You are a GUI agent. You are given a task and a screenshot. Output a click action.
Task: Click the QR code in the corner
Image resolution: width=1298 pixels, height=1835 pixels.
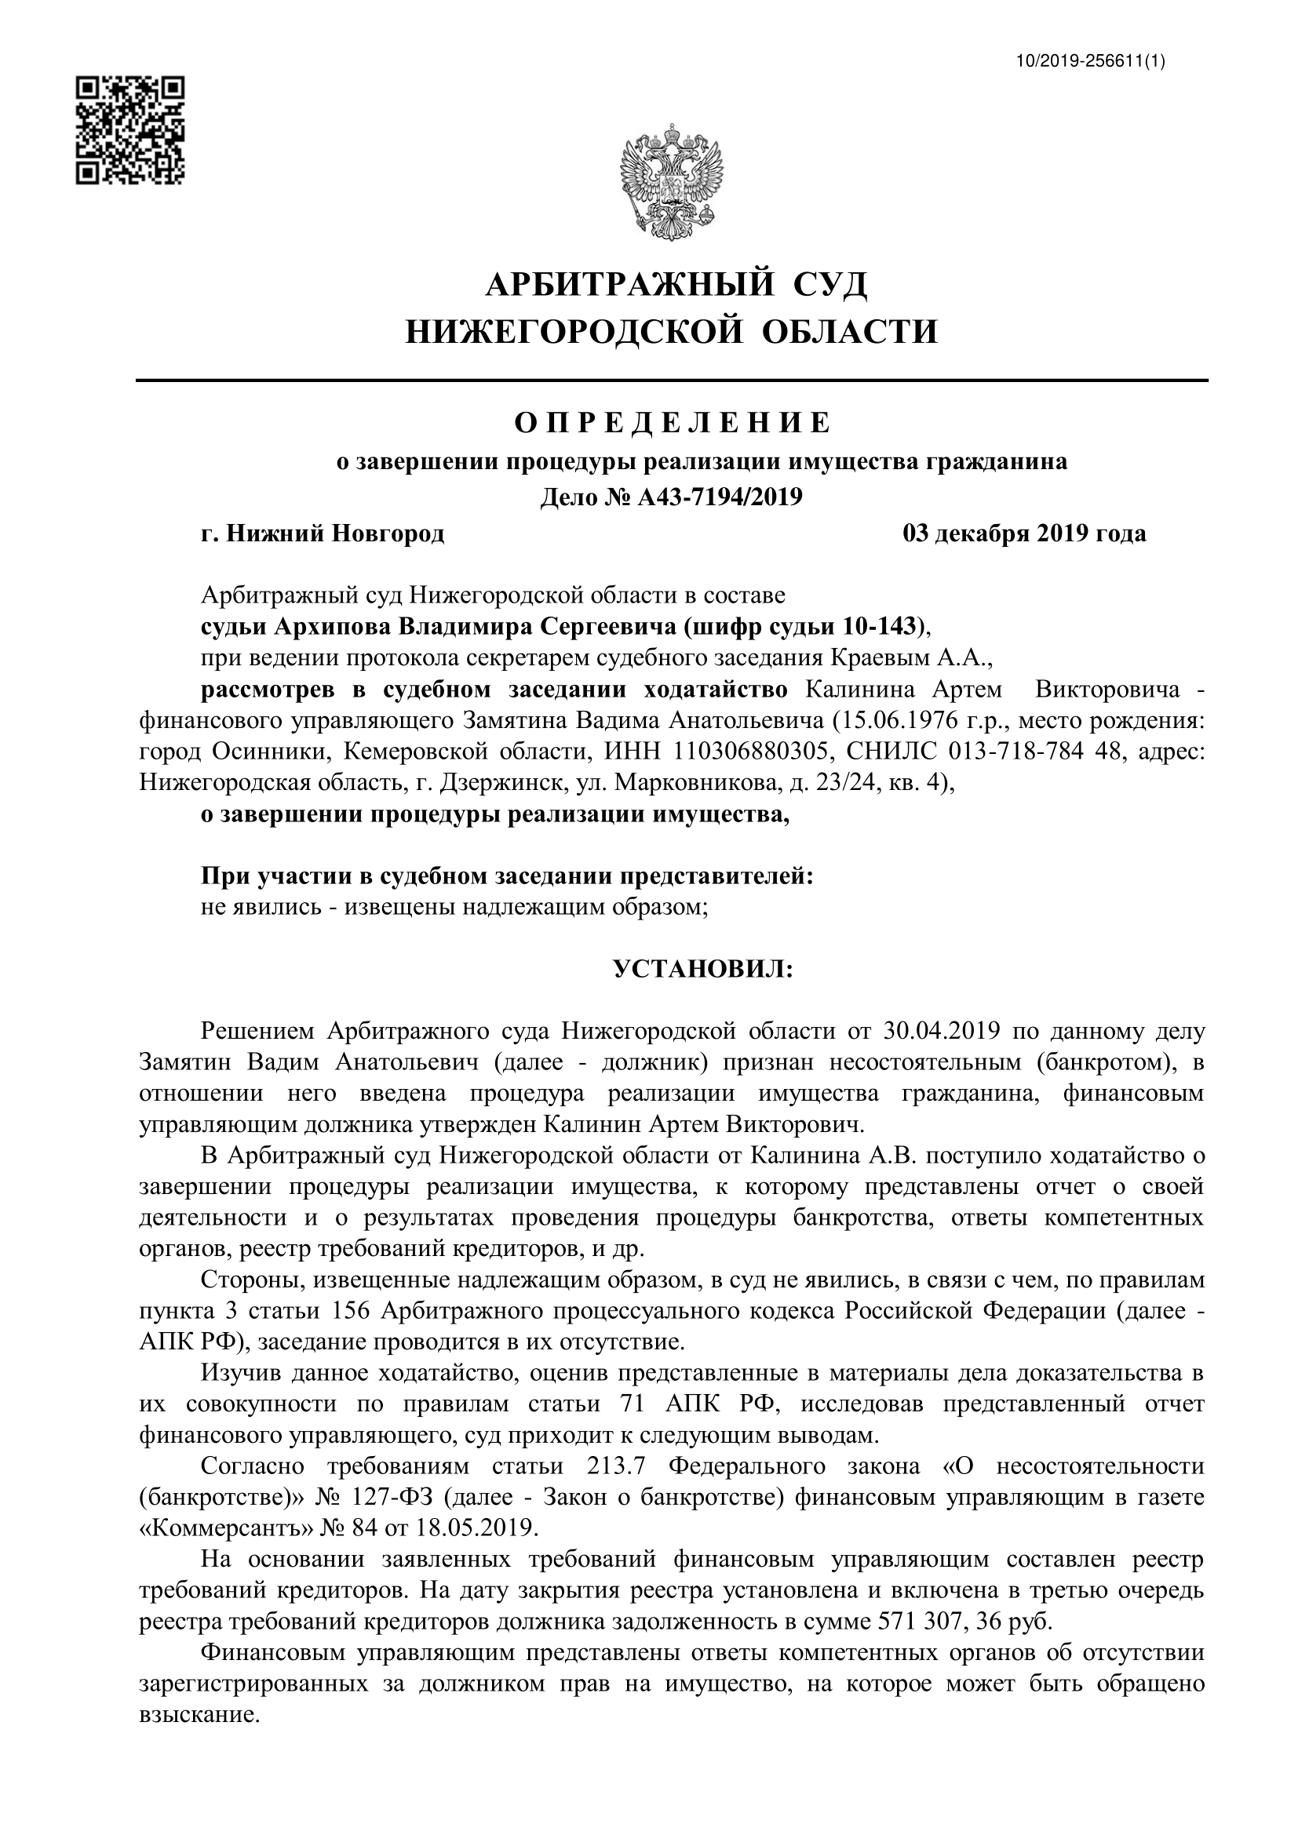pyautogui.click(x=130, y=130)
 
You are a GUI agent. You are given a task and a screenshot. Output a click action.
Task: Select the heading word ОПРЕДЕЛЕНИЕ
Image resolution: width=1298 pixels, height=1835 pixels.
pyautogui.click(x=673, y=423)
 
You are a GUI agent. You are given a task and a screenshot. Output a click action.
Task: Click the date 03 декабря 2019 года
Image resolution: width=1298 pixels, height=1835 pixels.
pyautogui.click(x=1025, y=533)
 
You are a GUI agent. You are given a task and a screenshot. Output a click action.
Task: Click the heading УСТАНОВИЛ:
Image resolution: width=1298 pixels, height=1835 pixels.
pyautogui.click(x=703, y=970)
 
